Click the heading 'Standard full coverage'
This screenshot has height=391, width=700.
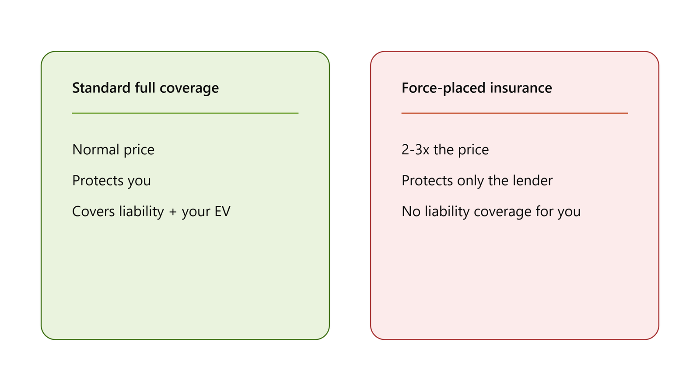tap(145, 88)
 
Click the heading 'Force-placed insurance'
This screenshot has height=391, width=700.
tap(476, 88)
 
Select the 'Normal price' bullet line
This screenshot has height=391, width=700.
tap(113, 150)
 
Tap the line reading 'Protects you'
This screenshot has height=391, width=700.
tap(111, 181)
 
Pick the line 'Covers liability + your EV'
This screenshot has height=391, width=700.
tap(151, 211)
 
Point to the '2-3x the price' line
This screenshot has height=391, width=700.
tap(445, 150)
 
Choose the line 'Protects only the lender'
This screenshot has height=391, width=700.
tap(477, 181)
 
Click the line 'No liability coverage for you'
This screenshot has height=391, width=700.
tap(491, 211)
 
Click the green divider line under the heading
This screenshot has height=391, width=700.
tap(185, 113)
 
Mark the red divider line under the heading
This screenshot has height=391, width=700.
tap(514, 113)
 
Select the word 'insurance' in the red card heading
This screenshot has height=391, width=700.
tap(521, 87)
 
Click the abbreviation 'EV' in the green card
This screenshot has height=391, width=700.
tap(223, 211)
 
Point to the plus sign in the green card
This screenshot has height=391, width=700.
tap(173, 213)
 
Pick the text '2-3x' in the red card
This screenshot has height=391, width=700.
tap(415, 150)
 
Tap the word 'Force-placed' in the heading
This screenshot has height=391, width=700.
tap(443, 88)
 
